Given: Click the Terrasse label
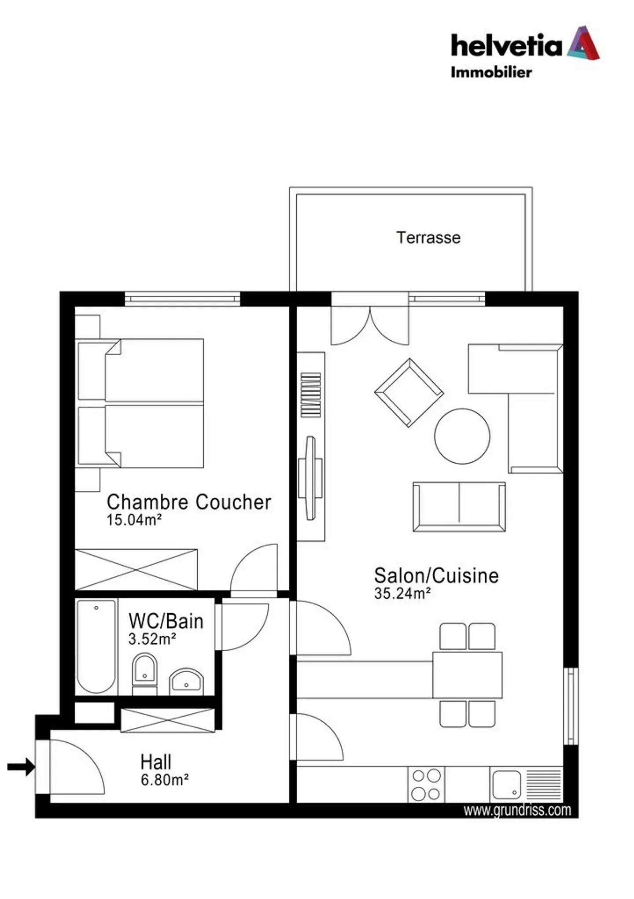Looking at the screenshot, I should pos(428,238).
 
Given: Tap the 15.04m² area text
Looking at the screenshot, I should pos(134,520).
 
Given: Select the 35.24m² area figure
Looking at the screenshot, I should pos(402,593).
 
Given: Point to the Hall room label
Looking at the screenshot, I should pos(155,762).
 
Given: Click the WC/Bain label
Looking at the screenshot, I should pos(166,621).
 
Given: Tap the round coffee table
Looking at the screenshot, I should pos(462,436).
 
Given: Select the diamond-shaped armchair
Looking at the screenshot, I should pos(409,392).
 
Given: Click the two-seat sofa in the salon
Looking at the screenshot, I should pos(459,507).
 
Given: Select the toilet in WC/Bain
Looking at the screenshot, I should pos(144,672).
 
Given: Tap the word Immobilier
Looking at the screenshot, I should pos(491,72).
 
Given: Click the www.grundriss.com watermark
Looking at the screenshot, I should pos(517,810).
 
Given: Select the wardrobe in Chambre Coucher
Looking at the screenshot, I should pos(136,569).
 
